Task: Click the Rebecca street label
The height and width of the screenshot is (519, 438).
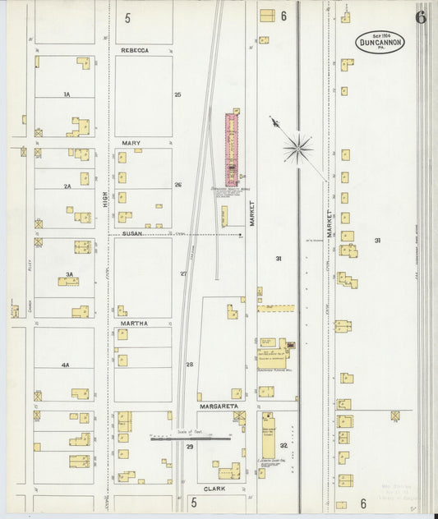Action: (134, 50)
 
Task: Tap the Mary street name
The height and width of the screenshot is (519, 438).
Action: (131, 143)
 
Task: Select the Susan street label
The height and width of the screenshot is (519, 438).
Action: (132, 233)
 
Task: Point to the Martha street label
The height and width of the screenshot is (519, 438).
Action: (134, 324)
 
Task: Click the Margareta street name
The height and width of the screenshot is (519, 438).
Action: (217, 406)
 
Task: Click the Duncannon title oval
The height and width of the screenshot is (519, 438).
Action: (380, 43)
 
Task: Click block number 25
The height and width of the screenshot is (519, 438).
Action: (178, 94)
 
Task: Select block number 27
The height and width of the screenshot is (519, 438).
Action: (183, 273)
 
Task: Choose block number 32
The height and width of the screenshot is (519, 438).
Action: (284, 445)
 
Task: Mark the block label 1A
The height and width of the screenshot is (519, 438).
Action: (67, 94)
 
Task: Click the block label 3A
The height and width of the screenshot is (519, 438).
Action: (70, 273)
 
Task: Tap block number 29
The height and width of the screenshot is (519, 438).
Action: (190, 446)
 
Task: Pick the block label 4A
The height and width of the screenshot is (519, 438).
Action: (66, 364)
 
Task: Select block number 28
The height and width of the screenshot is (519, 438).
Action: (189, 364)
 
